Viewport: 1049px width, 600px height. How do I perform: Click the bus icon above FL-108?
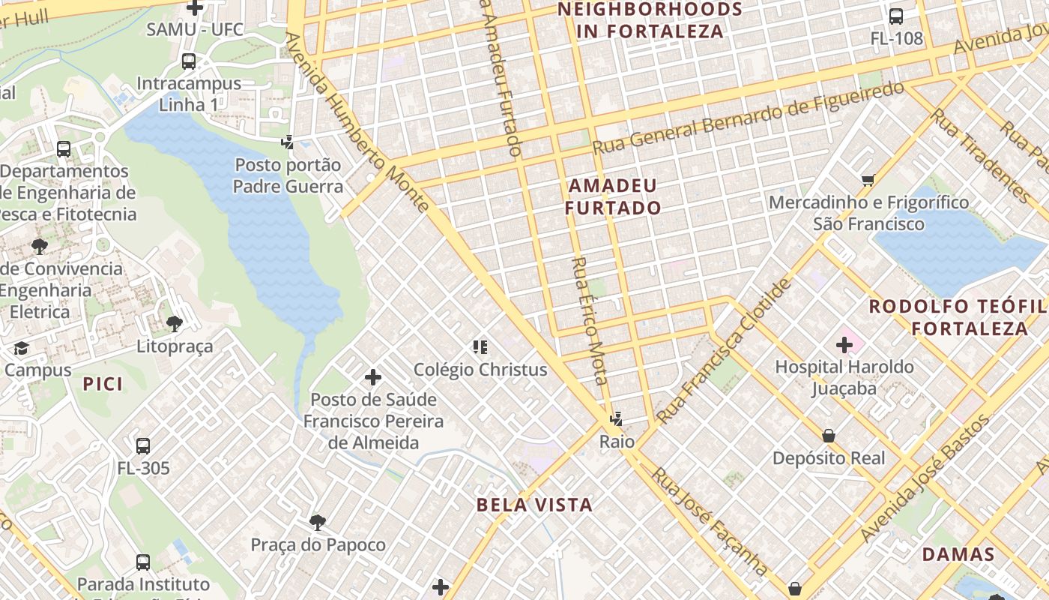[x=895, y=16]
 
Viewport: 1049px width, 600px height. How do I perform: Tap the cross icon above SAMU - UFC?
[x=195, y=8]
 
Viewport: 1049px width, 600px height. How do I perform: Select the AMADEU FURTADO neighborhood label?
[x=613, y=196]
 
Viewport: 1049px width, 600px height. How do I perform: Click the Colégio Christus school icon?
[x=480, y=346]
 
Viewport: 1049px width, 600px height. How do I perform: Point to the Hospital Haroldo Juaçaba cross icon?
[x=844, y=345]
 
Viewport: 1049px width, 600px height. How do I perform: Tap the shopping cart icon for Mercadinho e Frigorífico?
[x=868, y=180]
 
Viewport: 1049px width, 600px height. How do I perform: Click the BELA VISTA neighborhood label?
[x=534, y=505]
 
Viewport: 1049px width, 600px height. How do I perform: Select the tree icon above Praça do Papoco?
[x=318, y=522]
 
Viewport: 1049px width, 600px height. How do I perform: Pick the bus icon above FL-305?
[x=143, y=445]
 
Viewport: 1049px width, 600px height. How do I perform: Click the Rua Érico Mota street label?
[x=589, y=321]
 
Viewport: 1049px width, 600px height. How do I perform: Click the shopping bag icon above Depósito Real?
[x=829, y=436]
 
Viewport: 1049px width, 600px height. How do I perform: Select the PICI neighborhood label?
[x=103, y=384]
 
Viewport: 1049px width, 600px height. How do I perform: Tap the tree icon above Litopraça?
[x=175, y=324]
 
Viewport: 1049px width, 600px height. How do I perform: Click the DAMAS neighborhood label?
[x=958, y=555]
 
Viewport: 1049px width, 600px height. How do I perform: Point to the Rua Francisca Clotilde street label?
[x=724, y=351]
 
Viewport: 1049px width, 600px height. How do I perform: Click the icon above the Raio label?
[x=616, y=419]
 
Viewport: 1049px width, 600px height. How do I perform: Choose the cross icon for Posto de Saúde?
[x=372, y=376]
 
